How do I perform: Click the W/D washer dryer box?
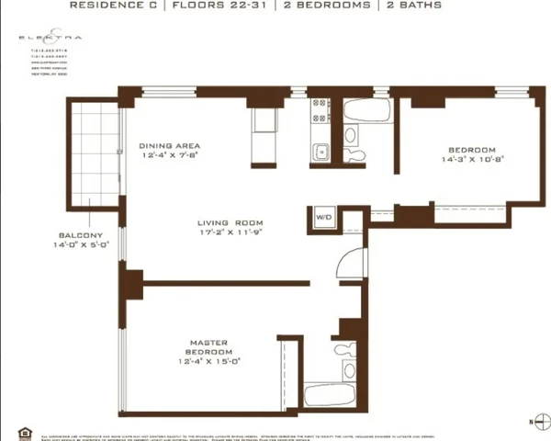click(x=323, y=217)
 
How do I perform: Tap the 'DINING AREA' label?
click(x=169, y=146)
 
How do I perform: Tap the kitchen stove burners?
click(x=320, y=112)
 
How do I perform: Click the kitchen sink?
click(x=320, y=153)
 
